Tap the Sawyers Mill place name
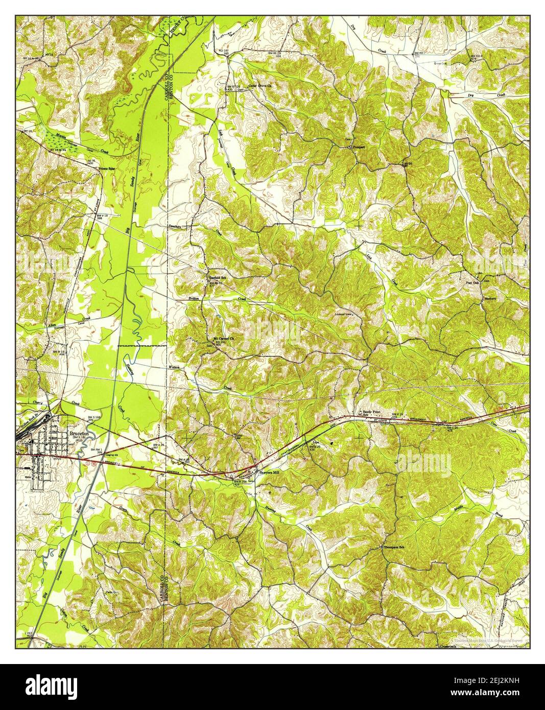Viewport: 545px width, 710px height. pos(271,473)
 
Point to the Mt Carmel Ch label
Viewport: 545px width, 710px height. pos(224,338)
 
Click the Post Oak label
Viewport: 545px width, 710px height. pos(472,282)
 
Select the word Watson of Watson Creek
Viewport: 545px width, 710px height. pos(175,367)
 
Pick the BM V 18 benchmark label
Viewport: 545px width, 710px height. pos(102,217)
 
